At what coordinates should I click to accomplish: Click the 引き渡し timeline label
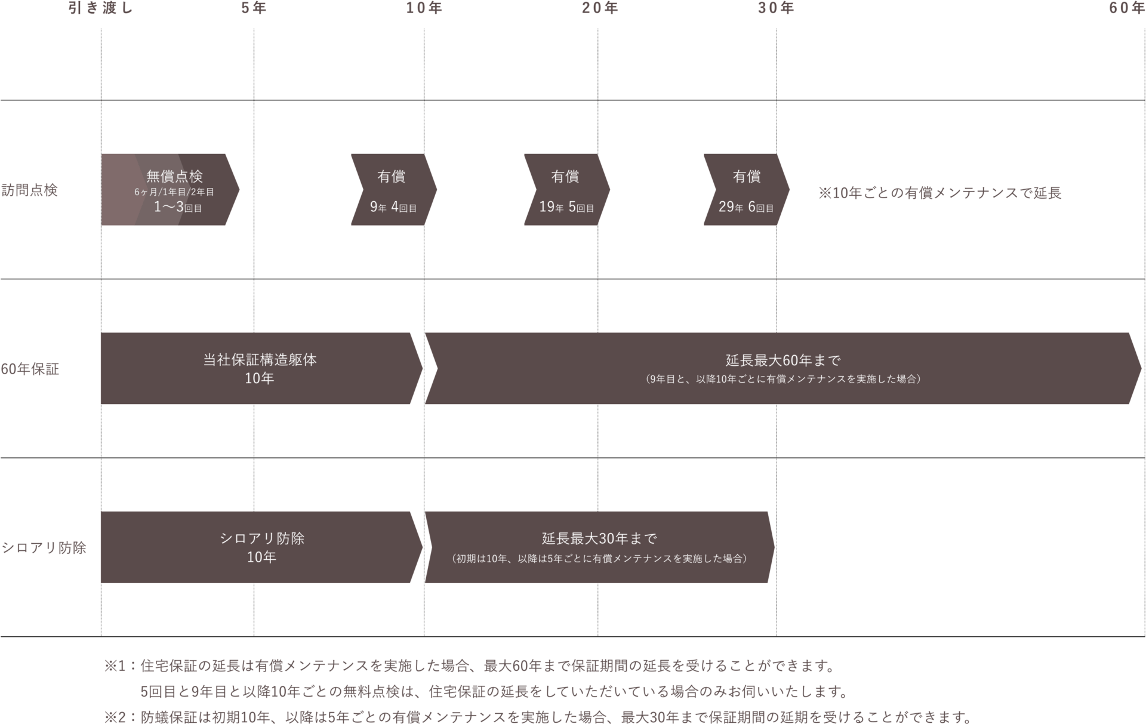(x=100, y=8)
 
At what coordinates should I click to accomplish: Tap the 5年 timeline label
(x=254, y=8)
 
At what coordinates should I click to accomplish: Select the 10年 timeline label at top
(x=424, y=8)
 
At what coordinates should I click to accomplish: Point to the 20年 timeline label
(x=599, y=8)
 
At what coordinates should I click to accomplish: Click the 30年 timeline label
(x=775, y=8)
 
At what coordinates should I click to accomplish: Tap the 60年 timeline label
(x=1126, y=8)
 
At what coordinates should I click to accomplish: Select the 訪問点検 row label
(x=29, y=190)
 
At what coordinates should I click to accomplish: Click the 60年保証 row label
(x=30, y=369)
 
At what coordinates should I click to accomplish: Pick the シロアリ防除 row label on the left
(x=44, y=547)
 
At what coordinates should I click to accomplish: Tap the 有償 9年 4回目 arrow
(x=393, y=190)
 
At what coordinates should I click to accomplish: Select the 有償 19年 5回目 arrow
(x=566, y=190)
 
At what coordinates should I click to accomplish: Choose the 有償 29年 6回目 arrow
(x=745, y=190)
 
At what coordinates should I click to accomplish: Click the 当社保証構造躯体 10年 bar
(x=260, y=368)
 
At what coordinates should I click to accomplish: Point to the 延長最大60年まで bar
(x=783, y=368)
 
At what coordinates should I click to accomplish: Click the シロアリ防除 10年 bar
(x=261, y=547)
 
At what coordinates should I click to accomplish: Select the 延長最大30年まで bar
(x=599, y=547)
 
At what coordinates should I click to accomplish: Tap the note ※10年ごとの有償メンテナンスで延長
(x=939, y=193)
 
